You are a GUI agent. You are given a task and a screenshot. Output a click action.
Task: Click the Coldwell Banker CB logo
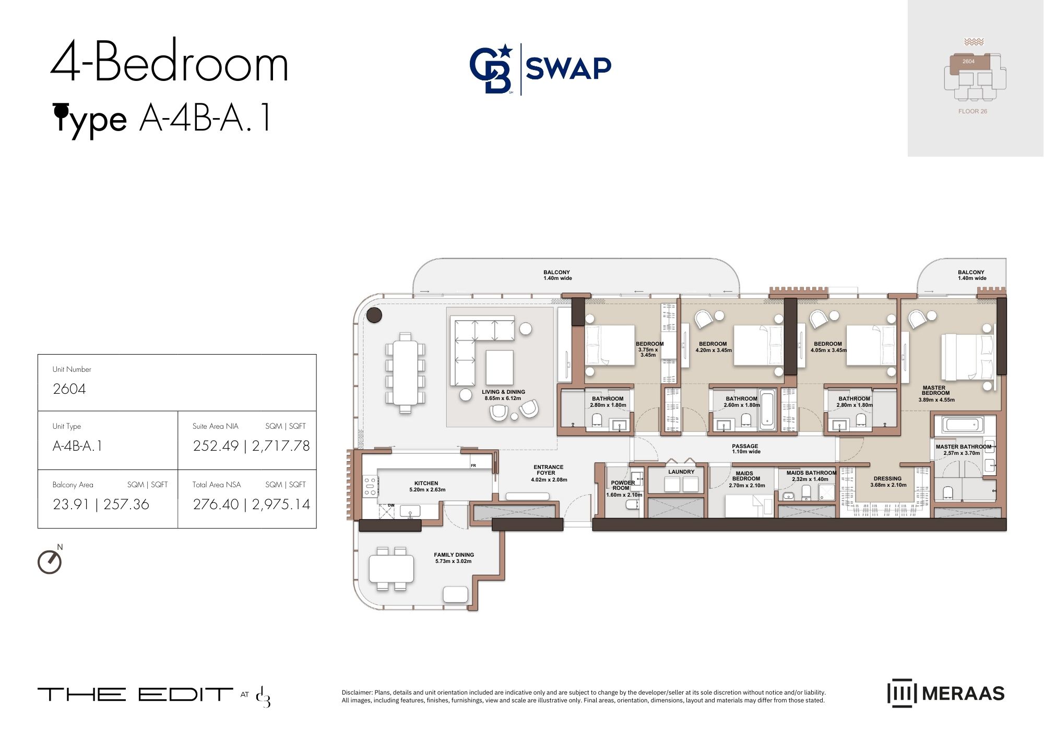tap(491, 69)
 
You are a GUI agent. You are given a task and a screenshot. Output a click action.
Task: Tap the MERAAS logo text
tap(963, 693)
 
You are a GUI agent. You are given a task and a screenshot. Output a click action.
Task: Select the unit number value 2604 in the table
tap(69, 389)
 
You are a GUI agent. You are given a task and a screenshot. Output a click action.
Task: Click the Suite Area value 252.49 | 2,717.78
tap(251, 446)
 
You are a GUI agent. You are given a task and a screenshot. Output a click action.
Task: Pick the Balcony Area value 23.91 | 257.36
tap(101, 504)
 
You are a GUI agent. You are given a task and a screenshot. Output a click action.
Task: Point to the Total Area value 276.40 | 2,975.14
tap(251, 504)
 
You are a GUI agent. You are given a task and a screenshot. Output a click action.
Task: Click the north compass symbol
tap(50, 561)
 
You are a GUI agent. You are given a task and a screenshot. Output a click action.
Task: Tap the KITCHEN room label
tap(426, 483)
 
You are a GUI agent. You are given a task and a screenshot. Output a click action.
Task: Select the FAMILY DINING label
tap(454, 555)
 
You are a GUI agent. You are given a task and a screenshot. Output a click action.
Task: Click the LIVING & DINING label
tap(503, 392)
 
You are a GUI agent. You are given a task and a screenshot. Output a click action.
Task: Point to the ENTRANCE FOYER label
tap(548, 470)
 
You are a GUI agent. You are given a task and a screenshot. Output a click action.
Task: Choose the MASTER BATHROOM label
tap(963, 447)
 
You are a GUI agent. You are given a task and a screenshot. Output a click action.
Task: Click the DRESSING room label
tap(887, 478)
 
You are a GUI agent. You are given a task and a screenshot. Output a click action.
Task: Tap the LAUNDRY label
tap(681, 472)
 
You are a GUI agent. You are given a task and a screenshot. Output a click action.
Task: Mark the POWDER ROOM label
tap(623, 485)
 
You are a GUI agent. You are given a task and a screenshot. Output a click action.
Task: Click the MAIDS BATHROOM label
tap(811, 473)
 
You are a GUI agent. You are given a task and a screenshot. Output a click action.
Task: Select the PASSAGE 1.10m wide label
tap(745, 449)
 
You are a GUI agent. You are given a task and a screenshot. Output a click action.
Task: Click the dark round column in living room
tap(374, 315)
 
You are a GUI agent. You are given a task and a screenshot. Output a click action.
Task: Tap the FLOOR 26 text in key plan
tap(972, 111)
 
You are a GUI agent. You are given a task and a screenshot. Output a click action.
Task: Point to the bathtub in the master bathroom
tap(963, 425)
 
